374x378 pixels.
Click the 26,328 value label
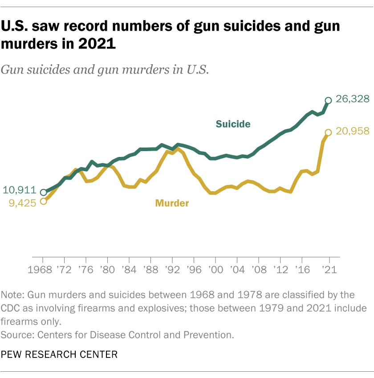(x=353, y=99)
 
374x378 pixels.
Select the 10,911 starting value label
(x=19, y=190)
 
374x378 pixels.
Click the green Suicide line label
(x=233, y=124)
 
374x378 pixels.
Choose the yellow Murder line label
(x=172, y=203)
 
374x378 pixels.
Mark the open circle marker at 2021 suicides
(x=329, y=100)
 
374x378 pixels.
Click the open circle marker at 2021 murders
(x=329, y=132)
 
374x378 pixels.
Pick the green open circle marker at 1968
(x=43, y=193)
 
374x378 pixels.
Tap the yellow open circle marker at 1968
(x=43, y=201)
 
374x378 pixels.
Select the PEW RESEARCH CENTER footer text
(x=60, y=355)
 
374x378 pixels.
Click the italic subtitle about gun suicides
(x=105, y=70)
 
